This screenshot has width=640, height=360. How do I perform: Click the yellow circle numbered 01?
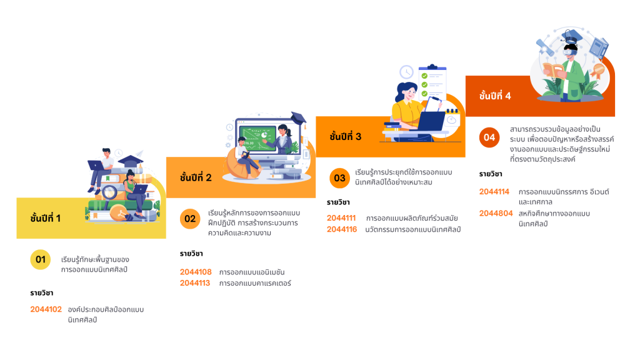point(41,259)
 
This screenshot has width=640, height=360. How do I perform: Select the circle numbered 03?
point(339,178)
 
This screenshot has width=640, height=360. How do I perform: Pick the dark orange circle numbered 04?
point(489,137)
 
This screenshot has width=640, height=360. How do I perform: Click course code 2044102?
point(46,309)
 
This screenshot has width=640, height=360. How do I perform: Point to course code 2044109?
point(196,272)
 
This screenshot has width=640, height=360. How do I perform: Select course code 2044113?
point(196,283)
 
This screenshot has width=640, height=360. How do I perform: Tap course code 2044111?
point(341,219)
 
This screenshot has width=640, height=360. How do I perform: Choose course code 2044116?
point(342,229)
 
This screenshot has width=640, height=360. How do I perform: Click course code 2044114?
point(494,192)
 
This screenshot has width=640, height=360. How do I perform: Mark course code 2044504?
point(496,213)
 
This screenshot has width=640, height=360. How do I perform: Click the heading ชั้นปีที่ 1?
point(46,218)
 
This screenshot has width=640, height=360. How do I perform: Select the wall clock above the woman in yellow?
point(407,72)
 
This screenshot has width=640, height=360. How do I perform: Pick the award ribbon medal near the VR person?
point(599,69)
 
